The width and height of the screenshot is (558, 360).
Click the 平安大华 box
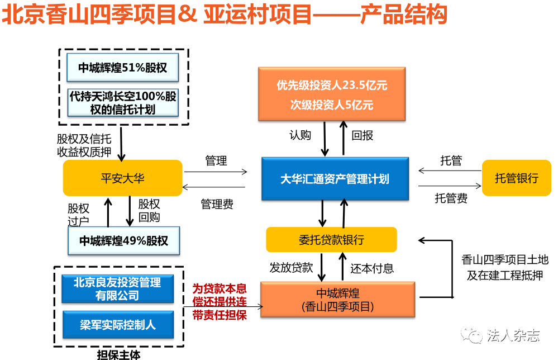[122, 178]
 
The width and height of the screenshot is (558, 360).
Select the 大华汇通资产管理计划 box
[335, 179]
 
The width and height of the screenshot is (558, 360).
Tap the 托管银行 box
[516, 178]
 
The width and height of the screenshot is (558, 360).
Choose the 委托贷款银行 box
[331, 240]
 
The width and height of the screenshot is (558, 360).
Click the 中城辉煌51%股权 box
[122, 68]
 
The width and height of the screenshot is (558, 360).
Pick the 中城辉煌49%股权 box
[123, 241]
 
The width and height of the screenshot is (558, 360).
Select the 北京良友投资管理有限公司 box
[117, 288]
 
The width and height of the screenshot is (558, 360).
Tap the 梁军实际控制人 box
[117, 324]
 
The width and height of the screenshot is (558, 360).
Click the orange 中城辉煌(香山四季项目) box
[338, 300]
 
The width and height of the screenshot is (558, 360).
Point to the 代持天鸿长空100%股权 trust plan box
[122, 102]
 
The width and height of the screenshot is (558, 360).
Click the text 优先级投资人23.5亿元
[332, 86]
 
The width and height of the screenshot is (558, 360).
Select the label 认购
[300, 135]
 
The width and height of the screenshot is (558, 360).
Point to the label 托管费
[451, 198]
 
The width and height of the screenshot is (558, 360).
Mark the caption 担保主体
[118, 353]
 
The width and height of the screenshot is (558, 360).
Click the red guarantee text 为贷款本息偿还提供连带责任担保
[220, 302]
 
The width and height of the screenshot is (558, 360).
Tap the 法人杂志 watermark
[513, 335]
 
